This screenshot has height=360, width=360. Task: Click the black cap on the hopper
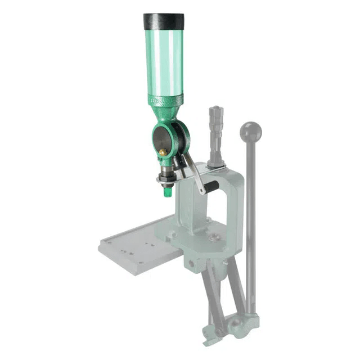tap(163, 22)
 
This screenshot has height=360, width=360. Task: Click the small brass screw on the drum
tap(163, 152)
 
